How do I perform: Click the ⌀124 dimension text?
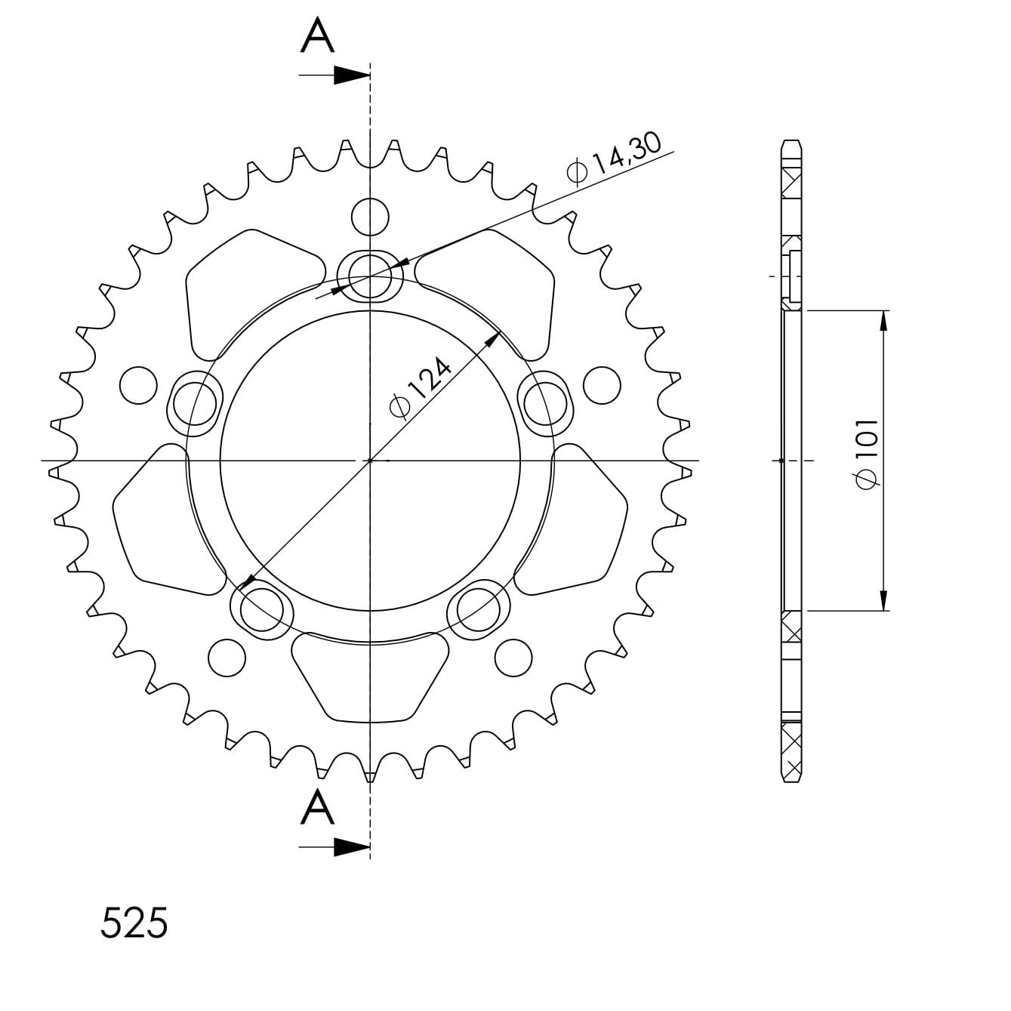tap(421, 387)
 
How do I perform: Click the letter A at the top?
tap(317, 35)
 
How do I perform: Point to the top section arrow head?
tap(352, 75)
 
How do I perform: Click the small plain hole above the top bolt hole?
tap(370, 216)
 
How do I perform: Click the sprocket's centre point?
tap(370, 460)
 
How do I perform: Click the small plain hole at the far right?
tap(602, 384)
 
